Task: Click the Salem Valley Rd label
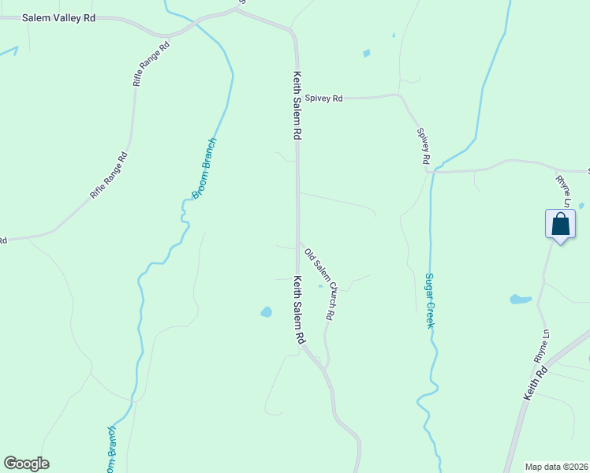point(58,17)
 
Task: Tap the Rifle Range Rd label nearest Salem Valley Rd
point(151,64)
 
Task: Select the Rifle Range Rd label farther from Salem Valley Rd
point(109,174)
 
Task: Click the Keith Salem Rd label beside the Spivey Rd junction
point(297,106)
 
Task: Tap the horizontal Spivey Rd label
point(324,99)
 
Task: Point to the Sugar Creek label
point(430,300)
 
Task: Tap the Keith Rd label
point(536,382)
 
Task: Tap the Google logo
point(26,464)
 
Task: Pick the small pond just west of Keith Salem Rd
point(266,312)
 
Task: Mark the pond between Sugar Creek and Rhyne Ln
point(520,300)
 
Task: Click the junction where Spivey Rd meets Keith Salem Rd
point(297,99)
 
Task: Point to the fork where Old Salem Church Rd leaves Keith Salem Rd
point(298,241)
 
